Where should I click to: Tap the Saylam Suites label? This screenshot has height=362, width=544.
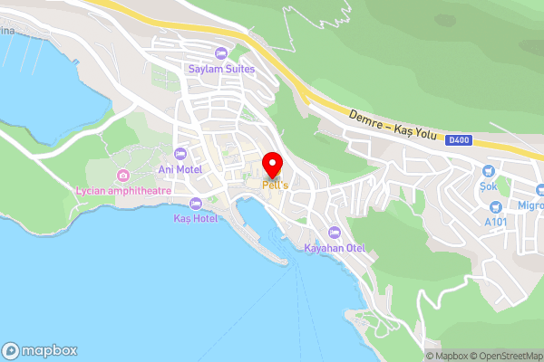pyautogui.click(x=221, y=69)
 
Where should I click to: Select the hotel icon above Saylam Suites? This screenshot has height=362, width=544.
pyautogui.click(x=221, y=54)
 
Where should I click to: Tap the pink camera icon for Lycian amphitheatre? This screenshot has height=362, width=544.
pyautogui.click(x=123, y=175)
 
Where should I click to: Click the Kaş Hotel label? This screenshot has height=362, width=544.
pyautogui.click(x=195, y=219)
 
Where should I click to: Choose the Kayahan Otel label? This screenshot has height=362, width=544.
pyautogui.click(x=335, y=247)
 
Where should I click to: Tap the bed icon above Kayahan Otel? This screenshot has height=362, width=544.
pyautogui.click(x=335, y=233)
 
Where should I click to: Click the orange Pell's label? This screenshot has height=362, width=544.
pyautogui.click(x=275, y=185)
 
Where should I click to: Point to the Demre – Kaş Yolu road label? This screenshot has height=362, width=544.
pyautogui.click(x=393, y=129)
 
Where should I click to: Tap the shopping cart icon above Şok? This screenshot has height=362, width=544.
pyautogui.click(x=491, y=170)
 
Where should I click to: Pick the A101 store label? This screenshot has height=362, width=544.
pyautogui.click(x=496, y=222)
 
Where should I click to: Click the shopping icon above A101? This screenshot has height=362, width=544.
pyautogui.click(x=496, y=207)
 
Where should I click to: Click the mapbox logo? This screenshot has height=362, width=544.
pyautogui.click(x=40, y=351)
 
